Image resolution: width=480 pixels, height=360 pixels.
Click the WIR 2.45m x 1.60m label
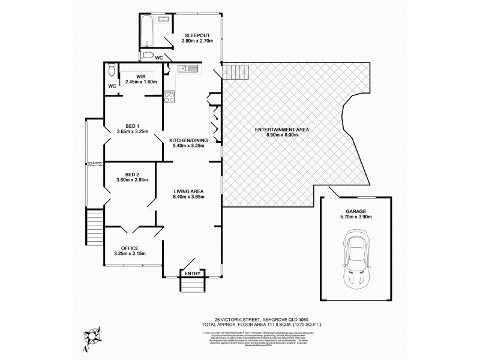pyautogui.click(x=140, y=78)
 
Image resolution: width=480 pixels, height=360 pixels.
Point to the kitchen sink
pyautogui.click(x=188, y=68)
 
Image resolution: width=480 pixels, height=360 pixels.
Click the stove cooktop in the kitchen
pyautogui.click(x=169, y=95)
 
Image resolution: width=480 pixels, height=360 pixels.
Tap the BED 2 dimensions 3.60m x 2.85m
pyautogui.click(x=131, y=179)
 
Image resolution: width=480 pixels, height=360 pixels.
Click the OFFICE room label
pyautogui.click(x=130, y=248)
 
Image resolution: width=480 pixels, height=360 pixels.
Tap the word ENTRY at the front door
pyautogui.click(x=192, y=274)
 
